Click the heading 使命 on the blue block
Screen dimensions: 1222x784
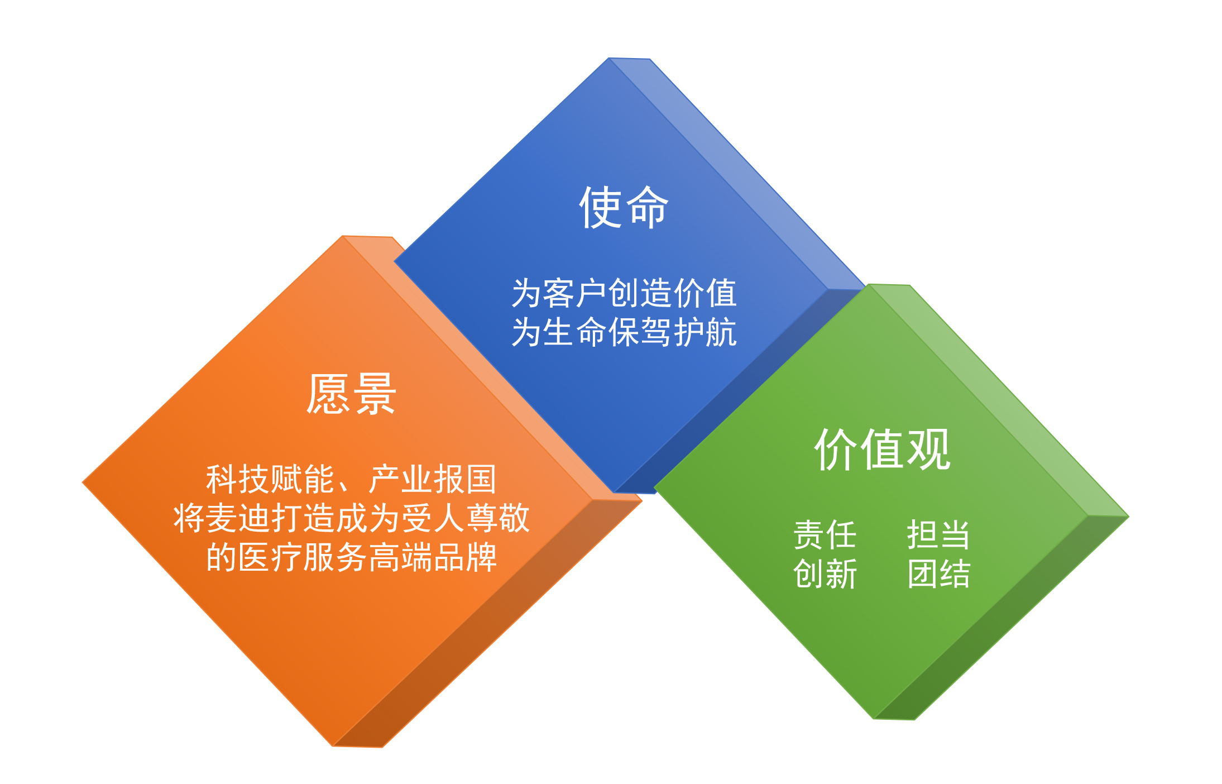pos(624,207)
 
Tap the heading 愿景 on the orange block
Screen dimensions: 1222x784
pos(351,394)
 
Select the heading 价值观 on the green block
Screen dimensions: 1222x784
pos(882,450)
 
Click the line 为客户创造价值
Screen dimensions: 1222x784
pos(624,293)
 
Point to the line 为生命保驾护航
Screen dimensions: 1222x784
pos(624,332)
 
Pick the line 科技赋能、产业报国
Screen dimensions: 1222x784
pos(351,479)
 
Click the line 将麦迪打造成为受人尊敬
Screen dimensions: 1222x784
pos(351,518)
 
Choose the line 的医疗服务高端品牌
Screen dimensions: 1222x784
pos(351,557)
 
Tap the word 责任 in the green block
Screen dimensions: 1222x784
pos(825,535)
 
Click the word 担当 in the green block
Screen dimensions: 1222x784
pos(939,535)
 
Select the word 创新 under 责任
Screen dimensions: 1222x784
pos(825,574)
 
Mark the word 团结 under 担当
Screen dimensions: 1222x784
pos(939,574)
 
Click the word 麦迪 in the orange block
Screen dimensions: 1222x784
pos(238,518)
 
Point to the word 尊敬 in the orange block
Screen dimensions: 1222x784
pos(497,518)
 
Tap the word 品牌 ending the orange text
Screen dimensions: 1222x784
pos(465,557)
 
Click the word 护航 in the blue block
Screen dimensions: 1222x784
pos(705,332)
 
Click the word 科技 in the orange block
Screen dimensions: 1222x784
pos(238,479)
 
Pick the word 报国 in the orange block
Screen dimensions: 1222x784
pos(464,479)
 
